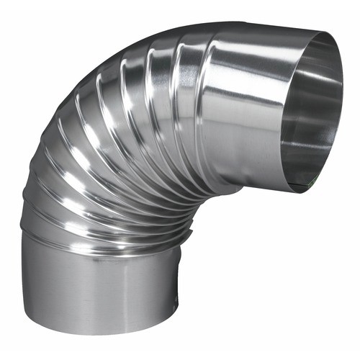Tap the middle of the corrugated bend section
click(122, 144)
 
